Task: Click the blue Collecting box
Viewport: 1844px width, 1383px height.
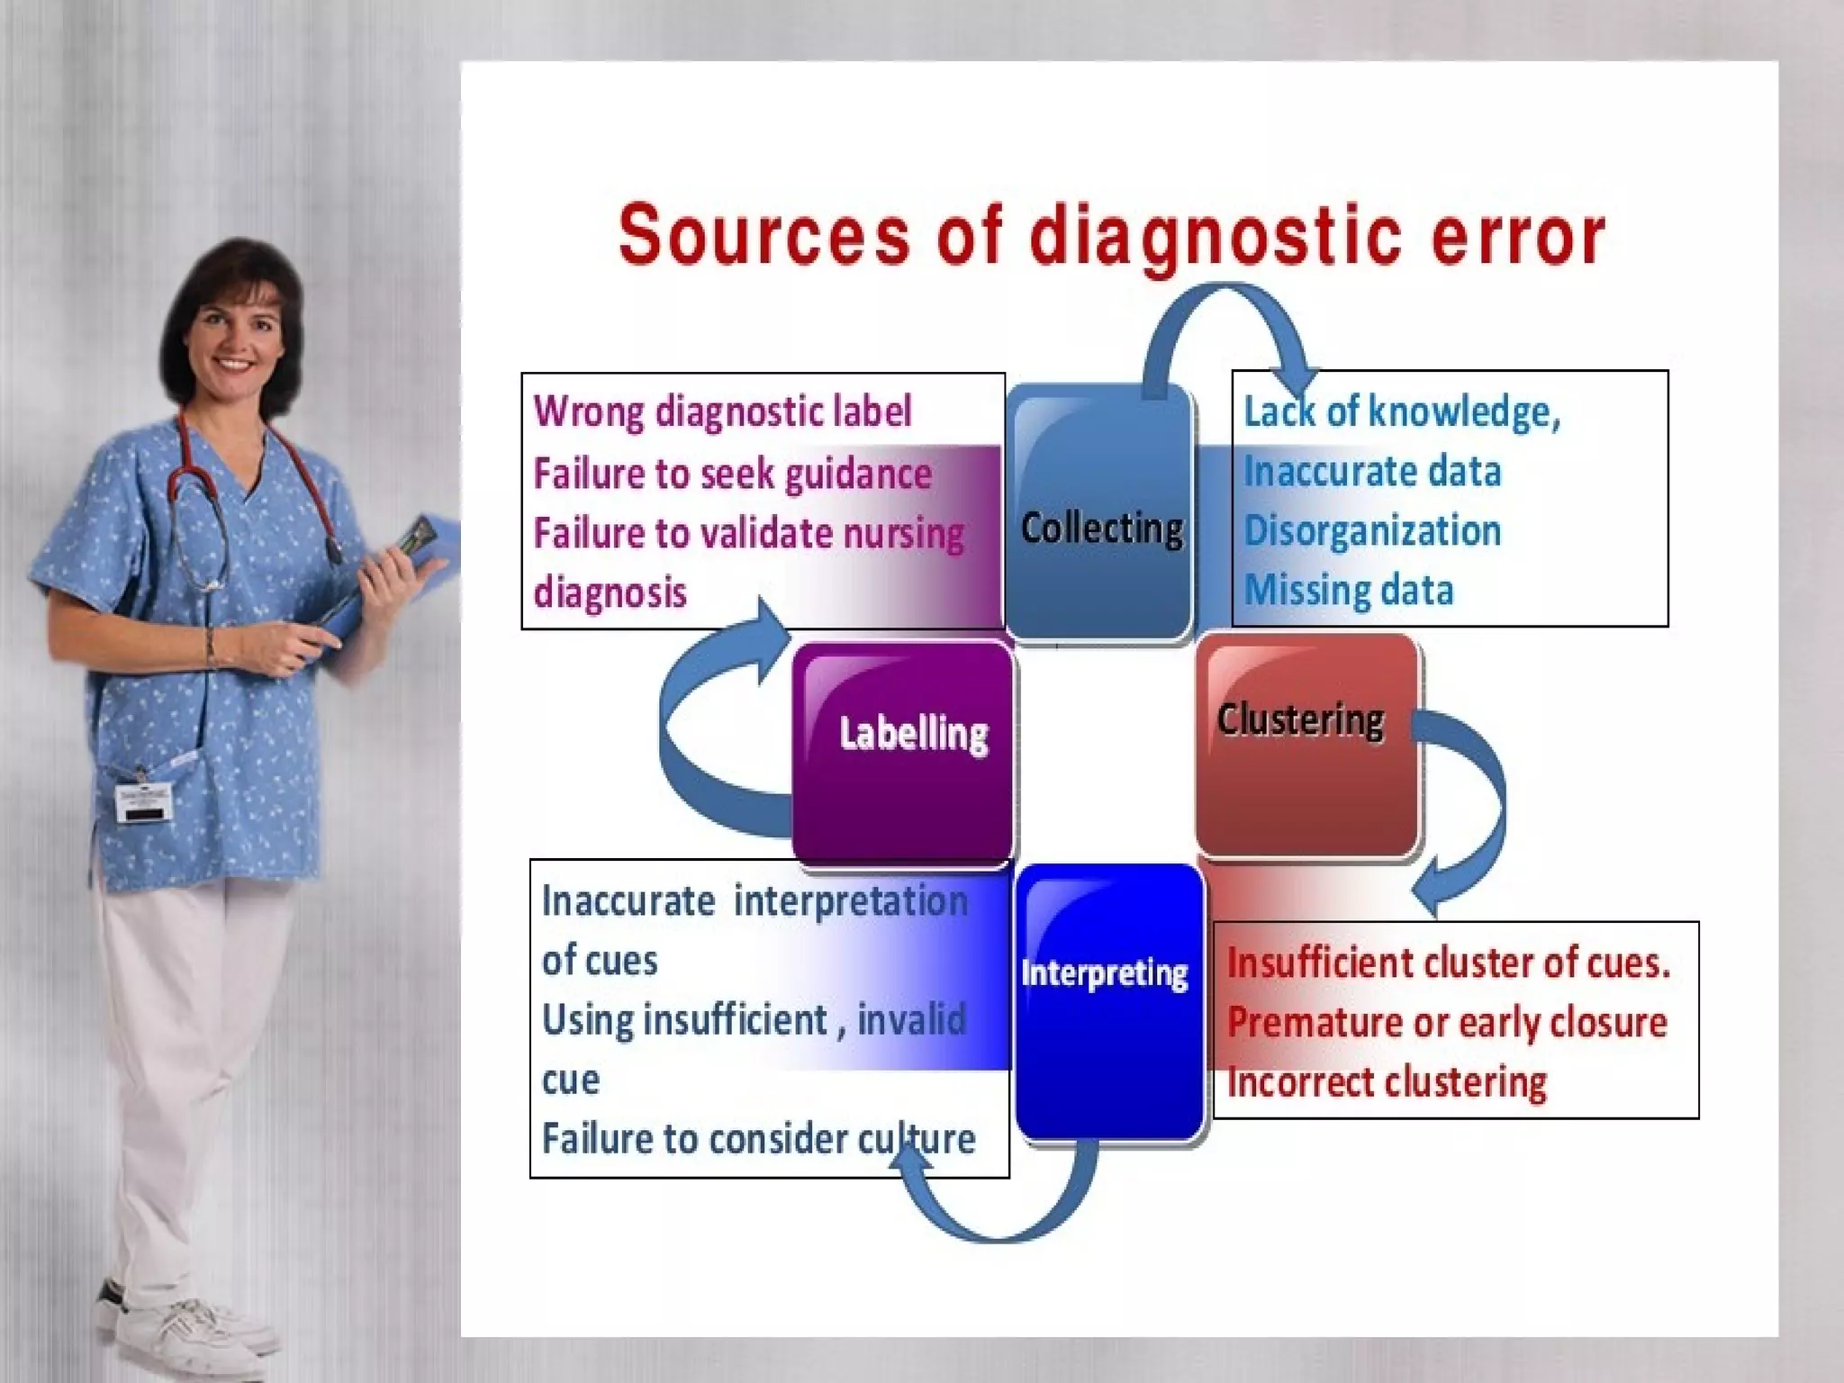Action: click(x=1100, y=513)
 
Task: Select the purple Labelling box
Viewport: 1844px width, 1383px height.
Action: click(x=903, y=752)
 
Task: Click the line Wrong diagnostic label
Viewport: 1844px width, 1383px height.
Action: click(x=722, y=411)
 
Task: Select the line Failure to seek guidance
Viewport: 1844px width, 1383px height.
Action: click(x=732, y=474)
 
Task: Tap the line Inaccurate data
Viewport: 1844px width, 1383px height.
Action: click(x=1372, y=471)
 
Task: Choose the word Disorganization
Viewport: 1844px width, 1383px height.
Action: click(x=1372, y=530)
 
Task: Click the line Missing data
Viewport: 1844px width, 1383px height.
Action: click(x=1348, y=591)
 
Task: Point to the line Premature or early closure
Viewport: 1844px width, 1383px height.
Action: click(x=1447, y=1023)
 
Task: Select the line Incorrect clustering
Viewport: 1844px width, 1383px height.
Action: click(x=1387, y=1082)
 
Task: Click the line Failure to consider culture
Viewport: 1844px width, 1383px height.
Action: click(x=758, y=1139)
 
